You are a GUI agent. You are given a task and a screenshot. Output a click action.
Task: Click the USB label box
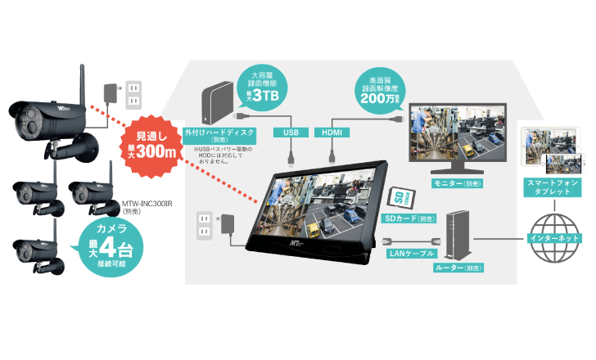291,132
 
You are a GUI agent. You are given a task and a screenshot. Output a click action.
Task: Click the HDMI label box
332,132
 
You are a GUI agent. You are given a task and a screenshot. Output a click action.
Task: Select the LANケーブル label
412,254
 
